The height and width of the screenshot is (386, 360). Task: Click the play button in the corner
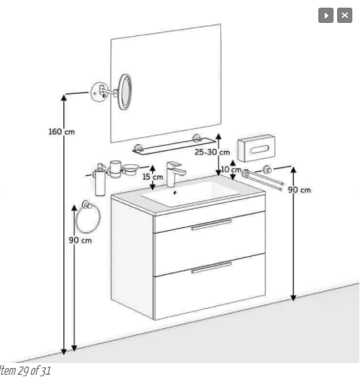[325, 15]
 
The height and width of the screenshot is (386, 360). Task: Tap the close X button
[345, 15]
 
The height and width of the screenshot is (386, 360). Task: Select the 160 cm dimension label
[62, 131]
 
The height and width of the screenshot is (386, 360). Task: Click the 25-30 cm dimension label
[212, 152]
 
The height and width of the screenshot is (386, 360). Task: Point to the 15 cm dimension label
[153, 177]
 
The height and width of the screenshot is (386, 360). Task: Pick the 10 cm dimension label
[231, 170]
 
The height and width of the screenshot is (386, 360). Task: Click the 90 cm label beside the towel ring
[80, 240]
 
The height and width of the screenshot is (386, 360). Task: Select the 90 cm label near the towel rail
[300, 190]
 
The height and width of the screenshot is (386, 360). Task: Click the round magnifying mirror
[125, 92]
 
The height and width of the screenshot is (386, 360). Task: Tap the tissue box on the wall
[256, 148]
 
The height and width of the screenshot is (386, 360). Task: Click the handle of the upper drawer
[211, 225]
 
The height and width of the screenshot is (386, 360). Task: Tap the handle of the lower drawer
[211, 268]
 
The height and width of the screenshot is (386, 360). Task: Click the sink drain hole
[175, 193]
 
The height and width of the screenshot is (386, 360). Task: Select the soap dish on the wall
[131, 170]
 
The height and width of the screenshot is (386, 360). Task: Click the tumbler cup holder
[115, 169]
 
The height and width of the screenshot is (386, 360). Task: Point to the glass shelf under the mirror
[174, 146]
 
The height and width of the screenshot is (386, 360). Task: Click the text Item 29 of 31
[25, 371]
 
